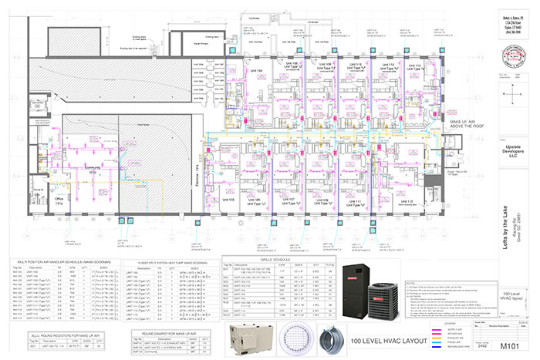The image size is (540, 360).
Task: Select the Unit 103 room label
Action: [x=228, y=199]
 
